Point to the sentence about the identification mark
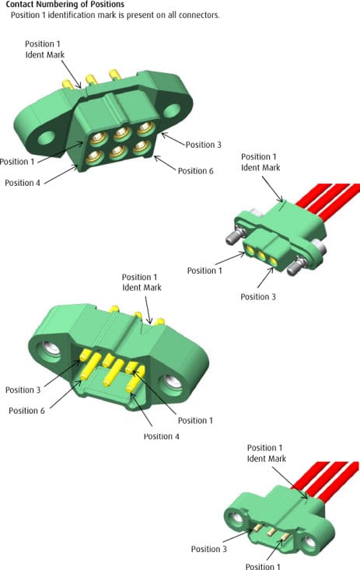(x=115, y=16)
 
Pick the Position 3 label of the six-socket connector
(x=203, y=145)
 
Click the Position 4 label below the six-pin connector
(x=161, y=436)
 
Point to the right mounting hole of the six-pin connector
(x=170, y=383)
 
